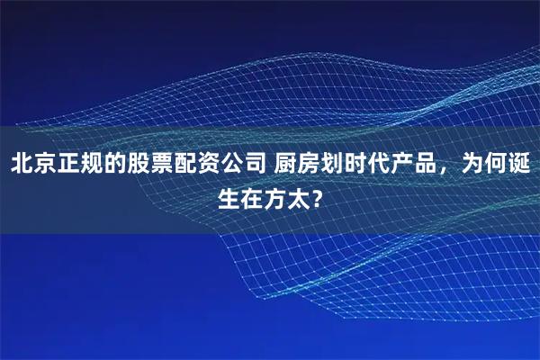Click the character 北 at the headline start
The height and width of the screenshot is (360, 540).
pos(22,165)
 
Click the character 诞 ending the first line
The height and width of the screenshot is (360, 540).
pos(518,165)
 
